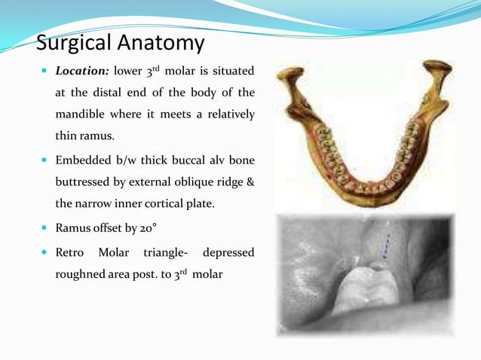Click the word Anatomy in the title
coord(167,44)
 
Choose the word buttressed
coord(85,182)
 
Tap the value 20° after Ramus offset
coord(145,227)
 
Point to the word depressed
coord(228,252)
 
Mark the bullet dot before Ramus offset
coord(46,227)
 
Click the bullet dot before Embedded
coord(46,160)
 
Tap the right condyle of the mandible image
coord(438,69)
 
